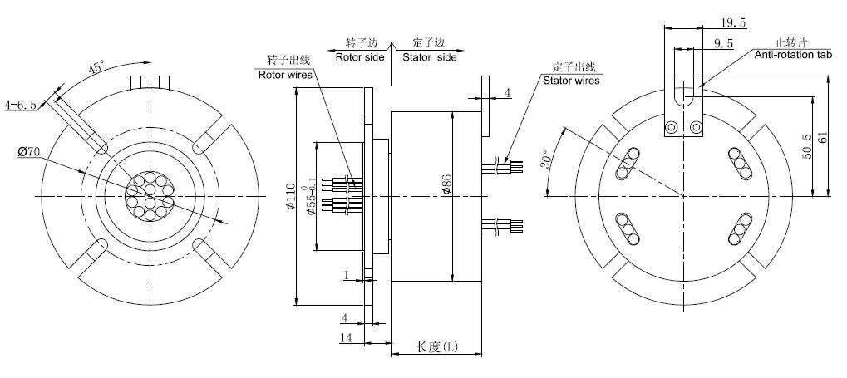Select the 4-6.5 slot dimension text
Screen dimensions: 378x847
[x=21, y=106]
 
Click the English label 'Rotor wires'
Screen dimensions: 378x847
[x=284, y=73]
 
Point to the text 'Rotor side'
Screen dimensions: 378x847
[x=360, y=57]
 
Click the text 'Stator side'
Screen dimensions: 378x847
[x=430, y=57]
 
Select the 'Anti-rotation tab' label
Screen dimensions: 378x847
[x=794, y=54]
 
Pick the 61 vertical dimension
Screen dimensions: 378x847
[x=824, y=137]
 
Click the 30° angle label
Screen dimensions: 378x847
[x=548, y=161]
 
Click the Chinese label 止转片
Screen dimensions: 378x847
[x=790, y=42]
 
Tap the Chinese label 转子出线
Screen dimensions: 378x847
[x=288, y=61]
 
